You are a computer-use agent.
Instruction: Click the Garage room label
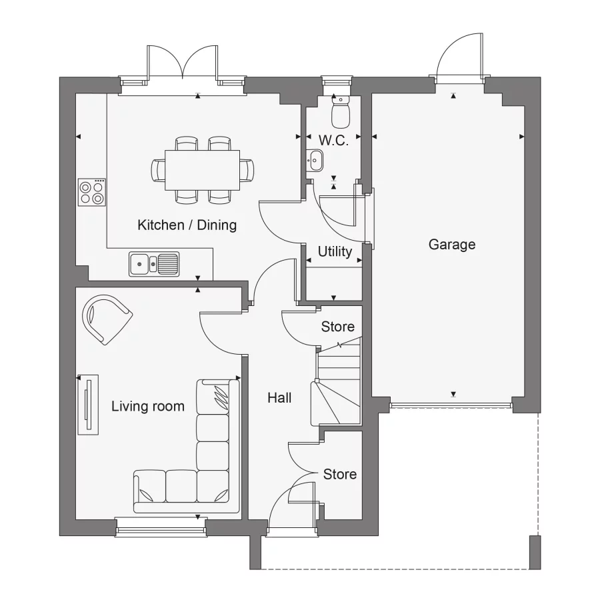pos(452,245)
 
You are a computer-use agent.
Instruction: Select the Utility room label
pos(335,252)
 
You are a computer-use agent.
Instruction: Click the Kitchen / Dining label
pos(187,225)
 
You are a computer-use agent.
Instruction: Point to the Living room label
pos(148,406)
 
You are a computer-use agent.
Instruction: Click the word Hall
pos(279,398)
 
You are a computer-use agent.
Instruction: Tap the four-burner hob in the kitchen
pos(92,192)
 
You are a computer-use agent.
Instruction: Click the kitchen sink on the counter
pos(154,264)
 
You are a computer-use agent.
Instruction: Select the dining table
pos(202,169)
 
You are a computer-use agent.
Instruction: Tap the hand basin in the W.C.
pos(315,160)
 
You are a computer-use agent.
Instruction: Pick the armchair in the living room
pos(106,318)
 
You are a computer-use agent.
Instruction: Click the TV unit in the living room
pos(87,404)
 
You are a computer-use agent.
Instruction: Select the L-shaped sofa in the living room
pos(200,467)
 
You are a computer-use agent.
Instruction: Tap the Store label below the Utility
pos(337,327)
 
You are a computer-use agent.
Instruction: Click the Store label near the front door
pos(340,475)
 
